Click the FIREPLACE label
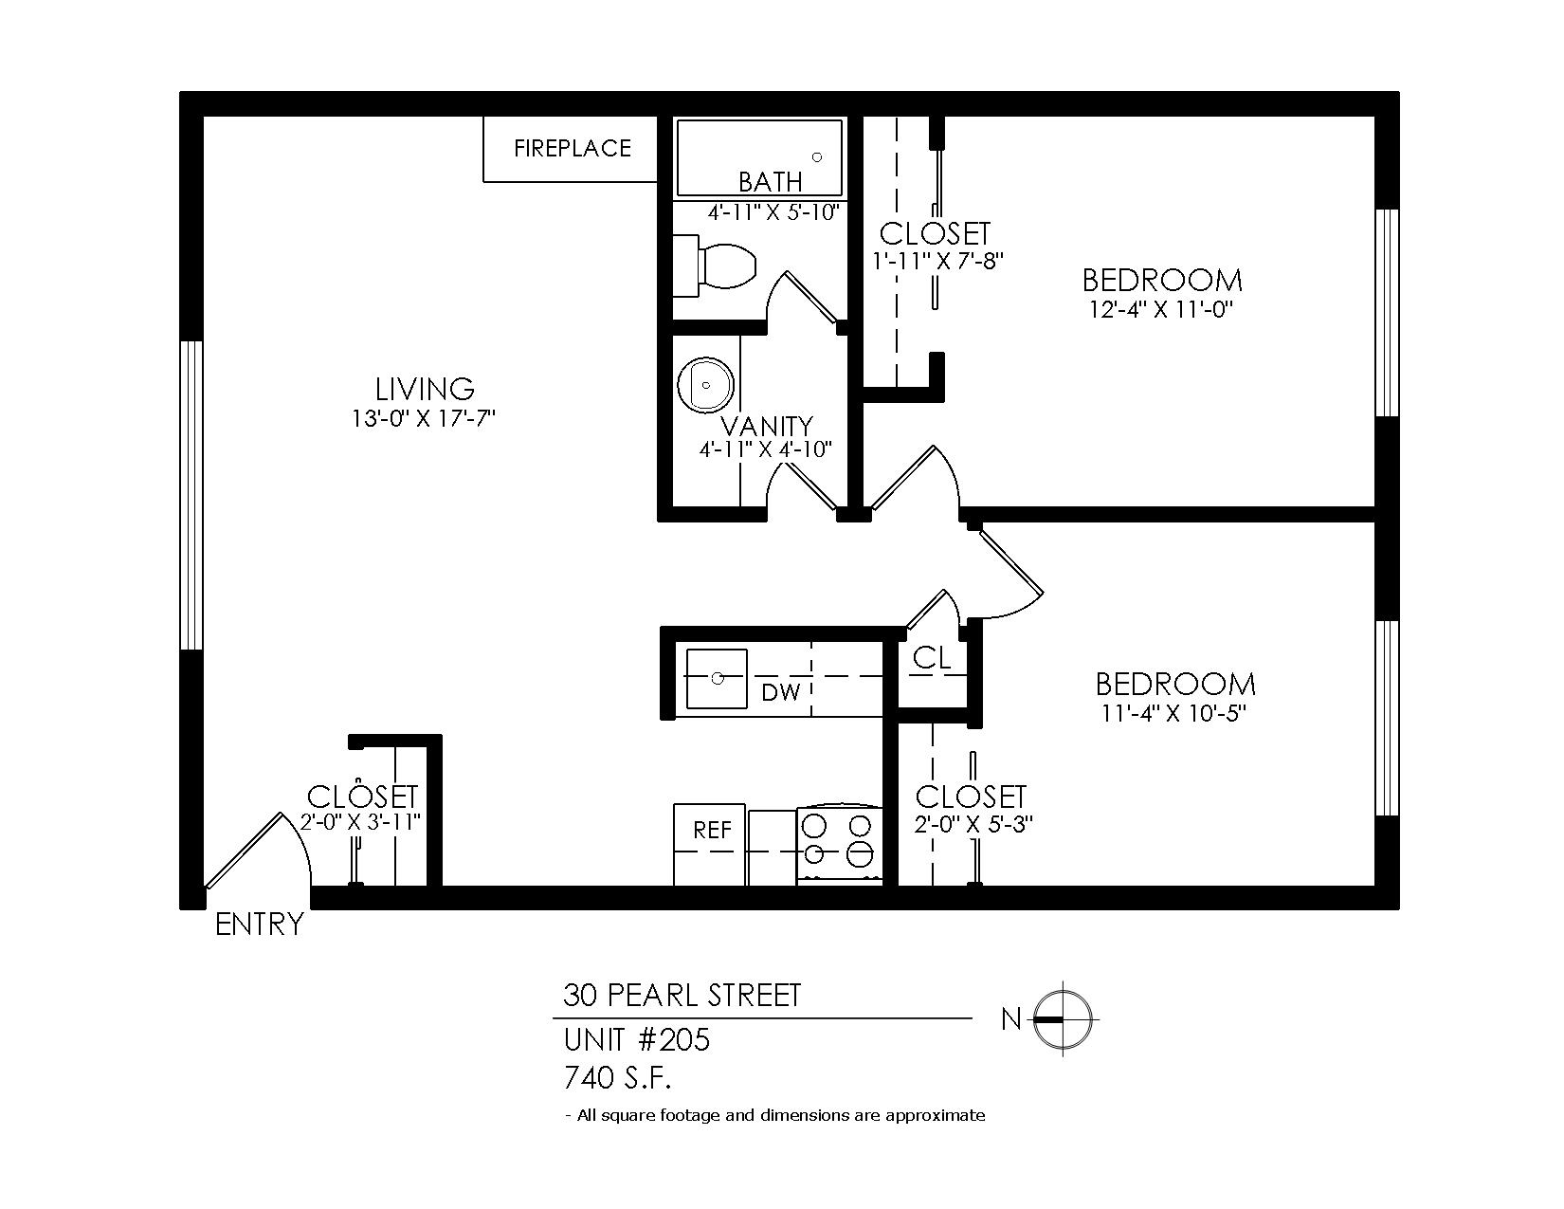(573, 148)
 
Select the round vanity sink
(705, 385)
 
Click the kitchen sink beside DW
(717, 678)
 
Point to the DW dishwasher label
(781, 693)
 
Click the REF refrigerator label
(712, 831)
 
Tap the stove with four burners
(839, 845)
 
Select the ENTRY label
(259, 925)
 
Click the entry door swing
(259, 850)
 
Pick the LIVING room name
(425, 389)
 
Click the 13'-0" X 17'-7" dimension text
(424, 418)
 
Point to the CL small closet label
(932, 657)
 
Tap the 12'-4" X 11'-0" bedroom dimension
(1162, 310)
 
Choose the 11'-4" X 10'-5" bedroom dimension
(1173, 714)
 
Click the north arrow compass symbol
(1063, 1019)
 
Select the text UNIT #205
(636, 1040)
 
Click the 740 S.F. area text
(617, 1078)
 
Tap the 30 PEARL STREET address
(682, 995)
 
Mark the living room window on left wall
(191, 495)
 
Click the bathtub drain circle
(817, 157)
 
